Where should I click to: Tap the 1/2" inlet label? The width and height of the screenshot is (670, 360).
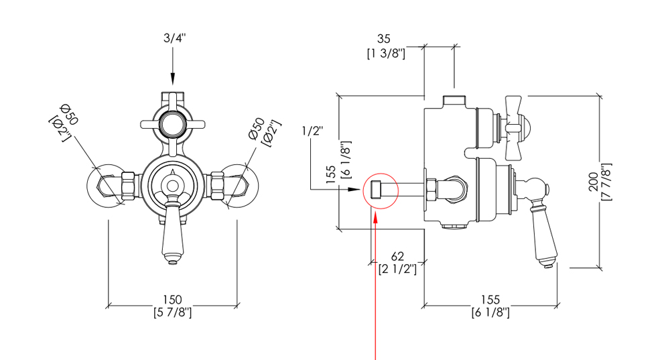click(x=313, y=131)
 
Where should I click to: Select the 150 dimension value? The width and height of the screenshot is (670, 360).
click(x=173, y=300)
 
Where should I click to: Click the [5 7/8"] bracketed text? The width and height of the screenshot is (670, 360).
click(x=173, y=312)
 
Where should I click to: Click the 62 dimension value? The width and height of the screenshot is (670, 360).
click(x=398, y=256)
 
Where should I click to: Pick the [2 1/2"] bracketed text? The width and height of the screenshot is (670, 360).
click(x=398, y=269)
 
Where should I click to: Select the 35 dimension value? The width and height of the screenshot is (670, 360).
click(x=384, y=40)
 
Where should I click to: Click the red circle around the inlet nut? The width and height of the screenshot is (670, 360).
click(x=380, y=190)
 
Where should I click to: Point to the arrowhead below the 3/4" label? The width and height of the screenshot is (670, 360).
click(x=173, y=82)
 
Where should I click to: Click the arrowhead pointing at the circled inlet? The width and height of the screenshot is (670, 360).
click(x=356, y=190)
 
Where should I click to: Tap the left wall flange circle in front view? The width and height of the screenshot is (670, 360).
click(x=107, y=186)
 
